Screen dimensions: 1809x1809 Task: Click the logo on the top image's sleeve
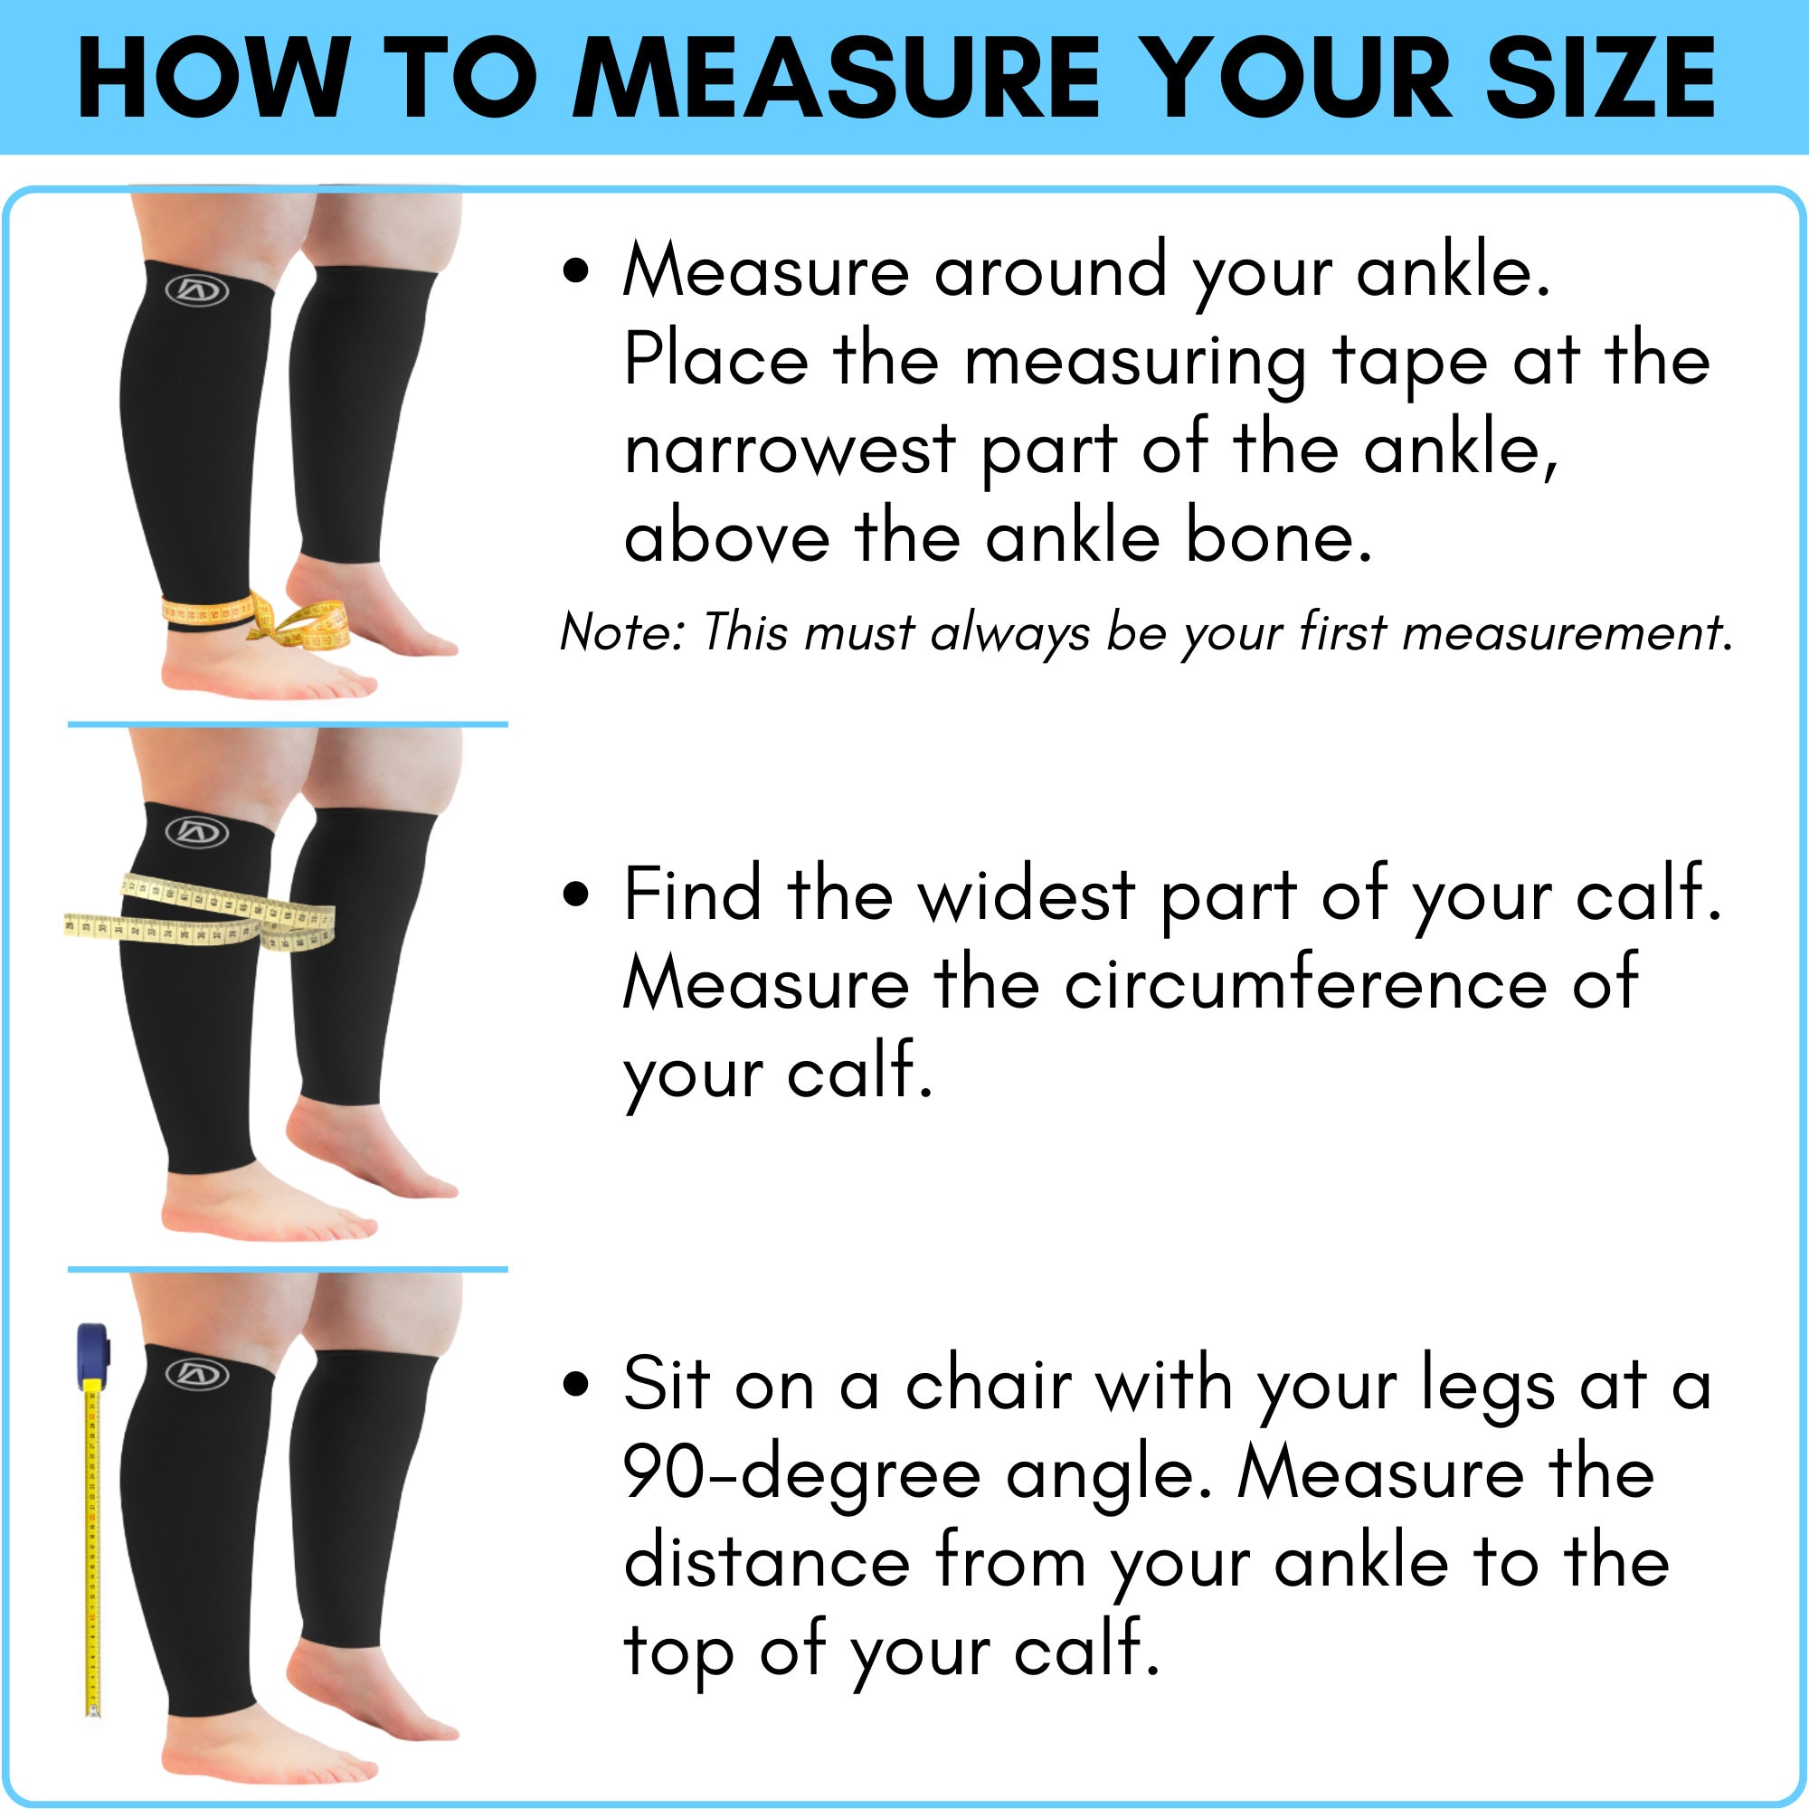(x=196, y=290)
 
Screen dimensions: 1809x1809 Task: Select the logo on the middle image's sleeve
(x=196, y=831)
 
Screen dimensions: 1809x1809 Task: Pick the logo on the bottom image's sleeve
(x=196, y=1375)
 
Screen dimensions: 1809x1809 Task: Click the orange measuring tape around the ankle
(x=208, y=611)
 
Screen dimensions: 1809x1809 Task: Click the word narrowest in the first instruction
(x=790, y=450)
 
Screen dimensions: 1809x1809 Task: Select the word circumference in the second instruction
(x=1305, y=985)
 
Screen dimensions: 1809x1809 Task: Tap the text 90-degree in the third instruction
(x=801, y=1474)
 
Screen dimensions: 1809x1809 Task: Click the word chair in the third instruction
(x=988, y=1384)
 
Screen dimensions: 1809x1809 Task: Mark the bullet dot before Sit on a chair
(x=577, y=1384)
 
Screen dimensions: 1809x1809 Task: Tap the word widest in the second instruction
(x=1027, y=895)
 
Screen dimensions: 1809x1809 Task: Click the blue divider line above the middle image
(x=288, y=725)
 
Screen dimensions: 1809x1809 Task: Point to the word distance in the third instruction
(x=767, y=1564)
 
